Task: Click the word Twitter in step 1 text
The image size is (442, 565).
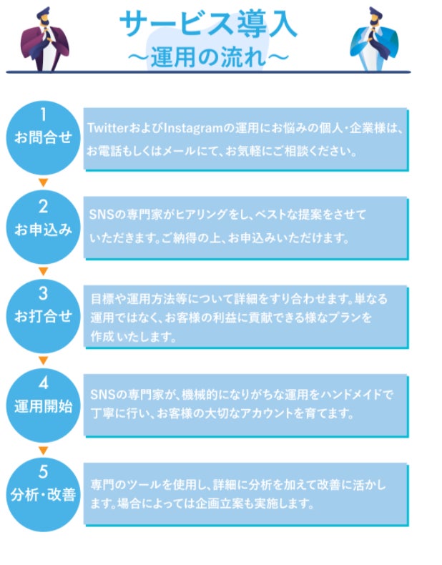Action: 107,128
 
